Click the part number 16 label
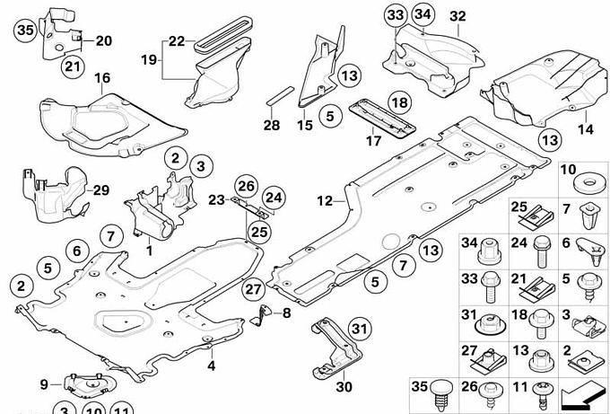tap(103, 79)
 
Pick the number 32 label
tap(457, 16)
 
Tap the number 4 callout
tap(212, 366)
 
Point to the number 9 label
tap(44, 384)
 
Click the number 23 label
tap(217, 199)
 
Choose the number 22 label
tap(176, 40)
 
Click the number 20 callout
tap(104, 40)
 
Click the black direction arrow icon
tap(580, 395)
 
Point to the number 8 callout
tap(286, 313)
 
